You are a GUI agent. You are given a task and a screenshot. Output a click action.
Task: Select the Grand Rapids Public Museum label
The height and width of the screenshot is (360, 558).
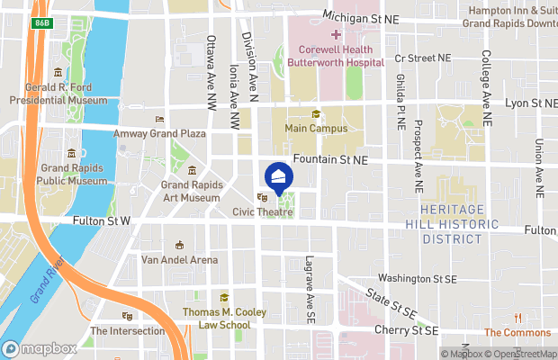(72, 174)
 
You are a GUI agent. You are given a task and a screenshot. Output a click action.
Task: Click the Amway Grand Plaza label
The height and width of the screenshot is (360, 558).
(159, 133)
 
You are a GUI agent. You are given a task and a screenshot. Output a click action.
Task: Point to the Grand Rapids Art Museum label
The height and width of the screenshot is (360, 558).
(191, 191)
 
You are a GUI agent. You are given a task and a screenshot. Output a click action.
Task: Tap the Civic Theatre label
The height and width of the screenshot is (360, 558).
(263, 212)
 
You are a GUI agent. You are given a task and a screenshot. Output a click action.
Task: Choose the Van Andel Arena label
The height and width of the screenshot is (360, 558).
(179, 260)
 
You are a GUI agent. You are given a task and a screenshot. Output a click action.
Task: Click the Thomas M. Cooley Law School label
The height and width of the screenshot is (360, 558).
(224, 318)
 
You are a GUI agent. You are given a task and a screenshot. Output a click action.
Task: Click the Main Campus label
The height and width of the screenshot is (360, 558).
(316, 129)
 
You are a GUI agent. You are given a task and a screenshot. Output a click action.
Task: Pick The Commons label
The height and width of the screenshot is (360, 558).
(517, 332)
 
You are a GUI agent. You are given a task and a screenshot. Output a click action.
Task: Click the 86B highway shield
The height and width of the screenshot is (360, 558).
(41, 21)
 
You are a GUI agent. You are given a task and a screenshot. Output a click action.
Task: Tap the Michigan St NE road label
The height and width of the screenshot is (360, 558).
(360, 17)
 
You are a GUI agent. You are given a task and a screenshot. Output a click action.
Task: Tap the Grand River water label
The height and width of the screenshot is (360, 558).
(43, 282)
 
